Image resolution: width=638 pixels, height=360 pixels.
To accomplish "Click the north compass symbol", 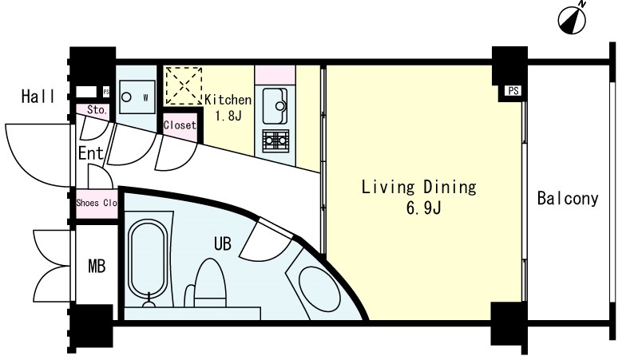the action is tap(573, 19).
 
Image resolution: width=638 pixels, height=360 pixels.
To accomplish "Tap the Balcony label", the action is tap(568, 199).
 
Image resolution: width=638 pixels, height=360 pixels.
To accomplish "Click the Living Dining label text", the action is tap(418, 187).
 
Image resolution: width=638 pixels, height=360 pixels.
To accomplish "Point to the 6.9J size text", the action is tap(423, 208).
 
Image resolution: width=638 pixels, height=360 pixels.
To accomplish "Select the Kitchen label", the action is tap(228, 100).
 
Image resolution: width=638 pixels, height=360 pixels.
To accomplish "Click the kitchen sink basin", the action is tap(275, 105).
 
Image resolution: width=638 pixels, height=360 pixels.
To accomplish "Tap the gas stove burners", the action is tap(275, 141).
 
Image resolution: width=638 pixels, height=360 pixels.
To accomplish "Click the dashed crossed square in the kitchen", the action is tap(184, 86).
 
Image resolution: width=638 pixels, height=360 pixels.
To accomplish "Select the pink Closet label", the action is tap(180, 125).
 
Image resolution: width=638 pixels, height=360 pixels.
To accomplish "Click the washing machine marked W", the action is tap(137, 97).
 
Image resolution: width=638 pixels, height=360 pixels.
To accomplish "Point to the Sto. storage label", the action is tap(97, 110).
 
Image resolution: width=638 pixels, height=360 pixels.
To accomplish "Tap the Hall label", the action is tap(38, 97).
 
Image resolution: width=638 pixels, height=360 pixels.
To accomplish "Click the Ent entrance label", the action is tap(91, 153).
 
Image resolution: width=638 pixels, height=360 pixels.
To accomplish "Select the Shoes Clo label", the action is tap(97, 203).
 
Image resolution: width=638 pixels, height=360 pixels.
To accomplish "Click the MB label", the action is tap(97, 267).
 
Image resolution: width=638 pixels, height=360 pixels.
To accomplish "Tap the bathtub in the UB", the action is tap(148, 260).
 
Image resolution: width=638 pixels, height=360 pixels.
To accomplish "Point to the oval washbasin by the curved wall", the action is tap(319, 289).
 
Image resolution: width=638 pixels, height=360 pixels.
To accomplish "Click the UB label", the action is tap(223, 243).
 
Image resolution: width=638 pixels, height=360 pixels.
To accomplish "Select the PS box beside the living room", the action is tap(513, 91).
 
